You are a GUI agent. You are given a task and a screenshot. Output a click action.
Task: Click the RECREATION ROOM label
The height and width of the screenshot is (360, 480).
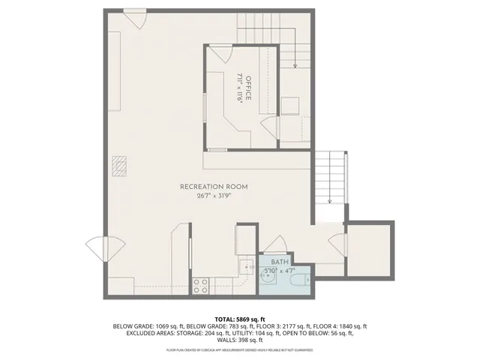click(214, 187)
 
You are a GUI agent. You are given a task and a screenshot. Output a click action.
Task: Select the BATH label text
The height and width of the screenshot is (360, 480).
click(279, 262)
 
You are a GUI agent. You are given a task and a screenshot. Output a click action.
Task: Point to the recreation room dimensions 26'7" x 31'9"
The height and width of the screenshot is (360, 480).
click(214, 196)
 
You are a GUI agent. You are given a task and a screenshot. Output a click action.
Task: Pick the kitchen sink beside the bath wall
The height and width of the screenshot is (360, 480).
click(247, 265)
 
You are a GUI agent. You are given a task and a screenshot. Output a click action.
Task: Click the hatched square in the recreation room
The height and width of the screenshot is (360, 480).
click(120, 165)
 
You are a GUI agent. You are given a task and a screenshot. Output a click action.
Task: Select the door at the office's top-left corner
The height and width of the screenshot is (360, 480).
click(220, 55)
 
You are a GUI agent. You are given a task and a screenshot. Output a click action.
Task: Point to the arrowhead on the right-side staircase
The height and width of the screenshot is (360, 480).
click(329, 201)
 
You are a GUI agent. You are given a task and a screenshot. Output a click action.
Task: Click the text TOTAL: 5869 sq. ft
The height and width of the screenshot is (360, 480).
click(240, 319)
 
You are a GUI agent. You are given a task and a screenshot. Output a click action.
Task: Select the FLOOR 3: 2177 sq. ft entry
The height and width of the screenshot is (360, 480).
click(281, 327)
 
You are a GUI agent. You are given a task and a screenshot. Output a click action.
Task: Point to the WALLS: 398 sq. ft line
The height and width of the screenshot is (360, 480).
click(240, 341)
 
